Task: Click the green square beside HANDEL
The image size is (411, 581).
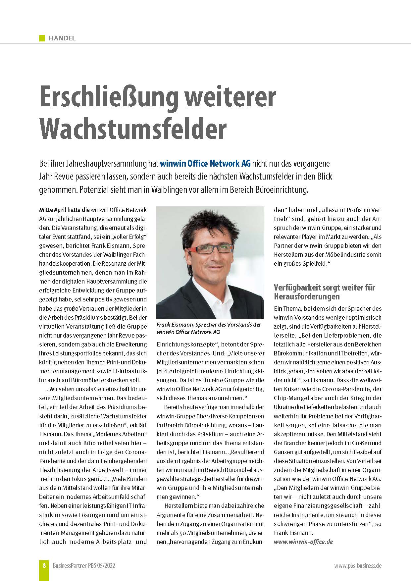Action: point(42,38)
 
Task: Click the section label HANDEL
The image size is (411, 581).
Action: point(62,38)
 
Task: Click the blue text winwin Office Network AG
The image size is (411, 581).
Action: point(205,163)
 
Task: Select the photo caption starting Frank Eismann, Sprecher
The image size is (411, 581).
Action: point(209,328)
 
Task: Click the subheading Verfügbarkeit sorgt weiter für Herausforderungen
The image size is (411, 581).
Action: point(324,291)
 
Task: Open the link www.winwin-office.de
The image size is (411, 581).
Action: point(303,542)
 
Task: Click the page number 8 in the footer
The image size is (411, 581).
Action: point(44,566)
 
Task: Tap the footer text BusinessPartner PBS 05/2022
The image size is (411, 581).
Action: point(84,566)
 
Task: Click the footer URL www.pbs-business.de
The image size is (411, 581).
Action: point(358,566)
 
